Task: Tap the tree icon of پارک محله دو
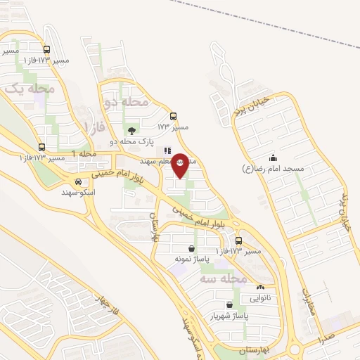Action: (x=131, y=130)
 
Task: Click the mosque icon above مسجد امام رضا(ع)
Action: (x=273, y=157)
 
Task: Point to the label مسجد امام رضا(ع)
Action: (x=273, y=169)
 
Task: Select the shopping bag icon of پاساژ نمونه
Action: (x=191, y=248)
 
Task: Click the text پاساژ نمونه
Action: (x=191, y=259)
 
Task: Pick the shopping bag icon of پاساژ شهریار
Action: (x=228, y=304)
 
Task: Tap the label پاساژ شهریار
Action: (x=228, y=316)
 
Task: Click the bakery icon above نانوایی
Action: (x=260, y=287)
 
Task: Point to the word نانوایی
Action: (x=260, y=297)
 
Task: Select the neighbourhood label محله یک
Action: (x=30, y=89)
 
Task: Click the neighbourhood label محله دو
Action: (x=127, y=102)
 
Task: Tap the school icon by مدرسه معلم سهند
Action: (x=167, y=150)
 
